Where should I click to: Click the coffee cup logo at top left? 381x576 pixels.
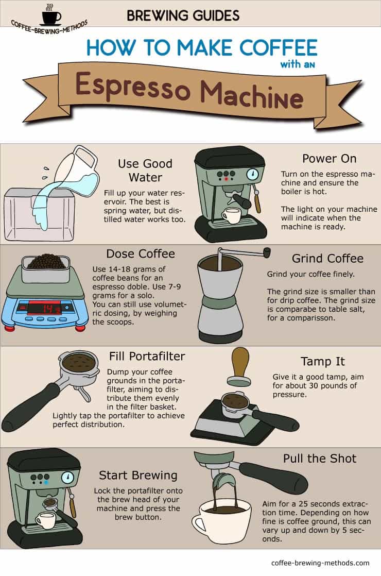(x=50, y=15)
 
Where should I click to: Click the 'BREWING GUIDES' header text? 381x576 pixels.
(x=183, y=15)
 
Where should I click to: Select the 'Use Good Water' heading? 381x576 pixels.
(x=145, y=171)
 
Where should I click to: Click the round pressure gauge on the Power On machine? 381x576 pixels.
(x=252, y=174)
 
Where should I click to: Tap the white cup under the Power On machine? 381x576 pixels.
(x=232, y=216)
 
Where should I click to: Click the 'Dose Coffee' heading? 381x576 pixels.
(x=141, y=253)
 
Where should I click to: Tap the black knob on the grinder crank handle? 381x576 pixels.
(x=267, y=252)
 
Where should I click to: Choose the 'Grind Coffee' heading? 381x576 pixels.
(x=327, y=258)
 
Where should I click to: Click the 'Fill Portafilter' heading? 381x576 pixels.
(x=147, y=357)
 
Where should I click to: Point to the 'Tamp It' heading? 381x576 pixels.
(x=322, y=362)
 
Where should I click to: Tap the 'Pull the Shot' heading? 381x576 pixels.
(x=319, y=458)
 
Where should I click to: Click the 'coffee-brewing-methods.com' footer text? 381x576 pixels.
(x=320, y=563)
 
